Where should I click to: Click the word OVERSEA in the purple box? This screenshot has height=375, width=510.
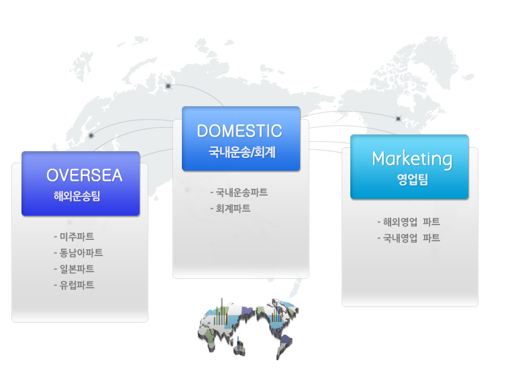click(85, 175)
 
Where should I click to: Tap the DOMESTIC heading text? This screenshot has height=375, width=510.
click(240, 131)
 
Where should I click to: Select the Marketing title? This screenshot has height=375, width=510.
click(412, 159)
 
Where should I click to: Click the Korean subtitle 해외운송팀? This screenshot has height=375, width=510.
click(76, 196)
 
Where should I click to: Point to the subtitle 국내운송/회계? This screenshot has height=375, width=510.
click(242, 152)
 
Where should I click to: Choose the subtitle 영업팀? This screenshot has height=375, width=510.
click(413, 179)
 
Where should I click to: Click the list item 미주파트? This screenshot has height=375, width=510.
click(74, 237)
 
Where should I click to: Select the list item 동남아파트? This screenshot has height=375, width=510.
click(78, 253)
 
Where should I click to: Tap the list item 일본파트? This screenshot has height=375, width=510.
click(74, 269)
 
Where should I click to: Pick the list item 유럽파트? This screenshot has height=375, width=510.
click(74, 286)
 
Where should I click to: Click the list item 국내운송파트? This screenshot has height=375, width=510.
click(239, 192)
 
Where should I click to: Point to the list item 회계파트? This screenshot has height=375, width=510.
click(230, 208)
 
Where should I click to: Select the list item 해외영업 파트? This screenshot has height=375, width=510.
click(409, 222)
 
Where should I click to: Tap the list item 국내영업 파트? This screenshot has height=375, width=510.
click(409, 238)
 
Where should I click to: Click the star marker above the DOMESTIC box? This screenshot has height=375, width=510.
click(168, 86)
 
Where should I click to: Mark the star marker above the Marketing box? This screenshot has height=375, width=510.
click(398, 118)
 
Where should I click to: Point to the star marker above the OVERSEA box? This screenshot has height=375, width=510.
click(91, 135)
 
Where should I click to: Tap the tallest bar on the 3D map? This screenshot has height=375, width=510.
click(222, 311)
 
